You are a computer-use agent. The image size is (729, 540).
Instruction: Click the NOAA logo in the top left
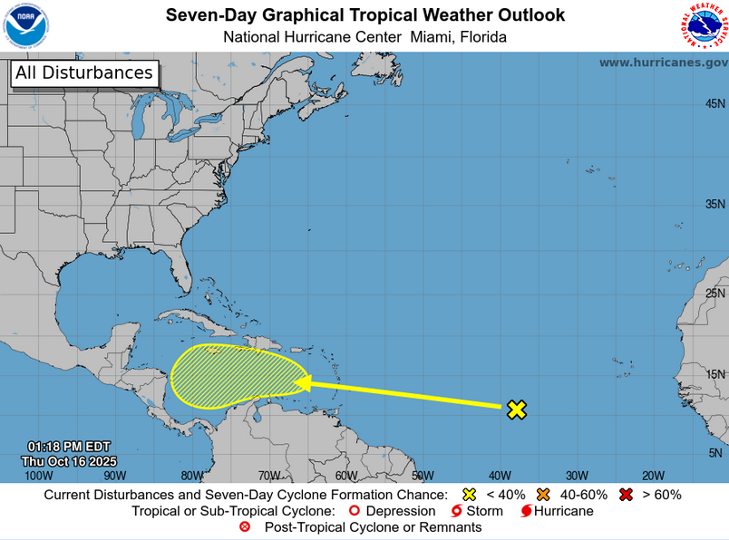click(26, 24)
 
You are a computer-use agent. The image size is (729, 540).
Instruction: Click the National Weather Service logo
click(704, 25)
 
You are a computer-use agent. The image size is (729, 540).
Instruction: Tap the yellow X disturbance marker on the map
click(516, 410)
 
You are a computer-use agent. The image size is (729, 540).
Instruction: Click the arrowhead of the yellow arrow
click(303, 383)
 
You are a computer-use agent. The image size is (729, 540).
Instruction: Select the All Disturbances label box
click(84, 73)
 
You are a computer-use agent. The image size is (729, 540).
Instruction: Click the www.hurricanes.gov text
click(663, 63)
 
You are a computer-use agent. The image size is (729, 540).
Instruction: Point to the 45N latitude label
click(714, 104)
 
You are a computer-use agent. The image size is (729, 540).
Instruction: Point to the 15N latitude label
click(714, 374)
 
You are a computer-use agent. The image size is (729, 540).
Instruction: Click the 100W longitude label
click(38, 475)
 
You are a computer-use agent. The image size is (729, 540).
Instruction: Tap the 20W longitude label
click(653, 475)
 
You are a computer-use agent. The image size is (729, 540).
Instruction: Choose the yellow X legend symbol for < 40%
click(469, 495)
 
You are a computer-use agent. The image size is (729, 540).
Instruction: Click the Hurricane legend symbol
click(525, 511)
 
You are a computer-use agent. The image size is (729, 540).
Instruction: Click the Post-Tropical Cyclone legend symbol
click(244, 527)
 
